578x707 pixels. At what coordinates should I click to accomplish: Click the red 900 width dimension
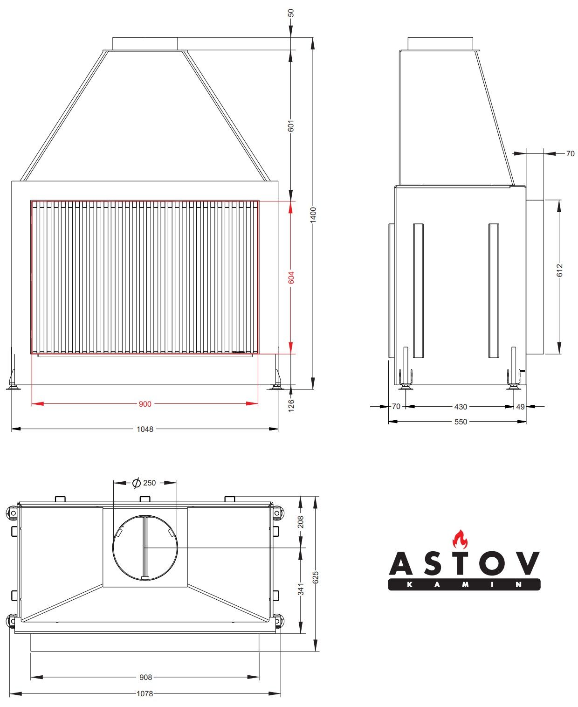145,404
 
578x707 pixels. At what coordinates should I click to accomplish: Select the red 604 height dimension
291,277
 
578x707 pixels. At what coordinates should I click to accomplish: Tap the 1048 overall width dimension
145,429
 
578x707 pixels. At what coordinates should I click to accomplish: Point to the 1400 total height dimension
313,215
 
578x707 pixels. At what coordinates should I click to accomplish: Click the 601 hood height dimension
291,126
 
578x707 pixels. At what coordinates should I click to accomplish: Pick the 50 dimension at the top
291,13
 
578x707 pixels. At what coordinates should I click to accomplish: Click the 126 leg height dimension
291,405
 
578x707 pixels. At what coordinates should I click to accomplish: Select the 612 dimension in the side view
559,270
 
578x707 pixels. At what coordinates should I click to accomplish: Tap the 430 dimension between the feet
461,407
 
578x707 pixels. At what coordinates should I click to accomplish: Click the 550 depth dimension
461,422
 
